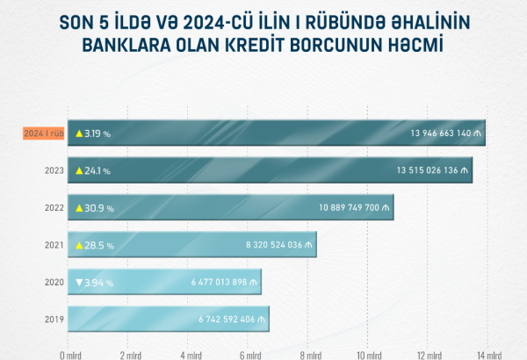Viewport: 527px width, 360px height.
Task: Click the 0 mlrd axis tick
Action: (x=69, y=355)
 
